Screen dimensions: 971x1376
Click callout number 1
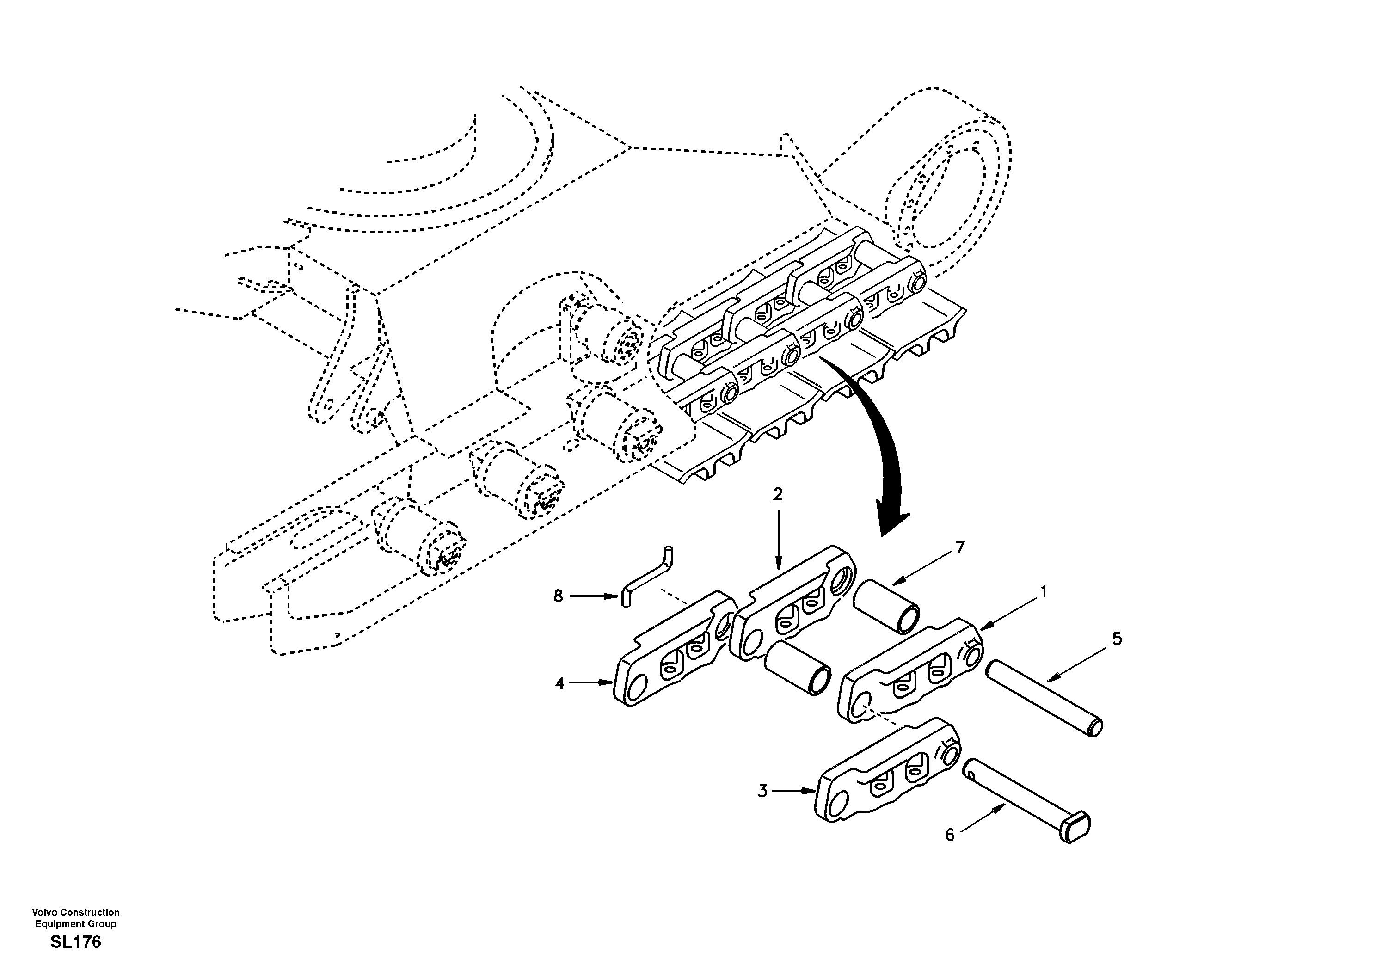click(x=1044, y=592)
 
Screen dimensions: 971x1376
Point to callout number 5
click(x=1117, y=639)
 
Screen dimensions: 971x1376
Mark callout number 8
click(x=559, y=596)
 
